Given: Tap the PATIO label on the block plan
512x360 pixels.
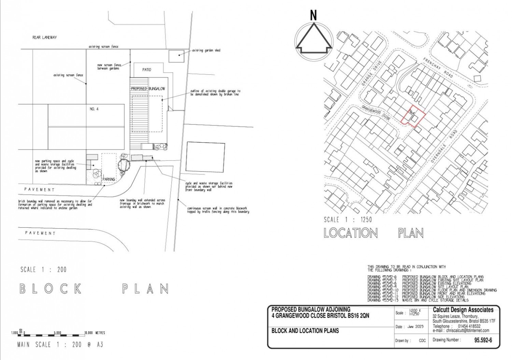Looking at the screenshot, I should click(146, 70).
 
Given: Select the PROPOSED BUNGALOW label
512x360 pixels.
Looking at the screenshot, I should click(148, 89).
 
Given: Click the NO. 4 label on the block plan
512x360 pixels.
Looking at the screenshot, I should click(94, 109).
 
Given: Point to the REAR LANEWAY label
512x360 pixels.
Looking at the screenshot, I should click(44, 38).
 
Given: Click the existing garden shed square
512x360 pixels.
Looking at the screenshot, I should click(176, 56).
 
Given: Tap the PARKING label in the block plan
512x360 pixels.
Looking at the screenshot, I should click(109, 179).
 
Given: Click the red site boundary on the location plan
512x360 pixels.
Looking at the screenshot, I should click(413, 118).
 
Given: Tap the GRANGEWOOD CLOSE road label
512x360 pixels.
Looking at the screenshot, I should click(376, 113).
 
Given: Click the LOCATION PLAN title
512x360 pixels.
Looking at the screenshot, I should click(373, 233).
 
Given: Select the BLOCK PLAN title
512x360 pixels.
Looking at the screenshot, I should click(94, 289).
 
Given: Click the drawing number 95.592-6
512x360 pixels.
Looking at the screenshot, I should click(483, 340).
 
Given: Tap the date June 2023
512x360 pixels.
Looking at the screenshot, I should click(415, 327).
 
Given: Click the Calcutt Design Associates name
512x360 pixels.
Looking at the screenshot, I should click(463, 310).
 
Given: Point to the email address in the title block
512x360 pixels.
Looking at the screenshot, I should click(461, 330).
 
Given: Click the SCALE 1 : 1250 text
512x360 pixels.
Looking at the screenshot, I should click(347, 219).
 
